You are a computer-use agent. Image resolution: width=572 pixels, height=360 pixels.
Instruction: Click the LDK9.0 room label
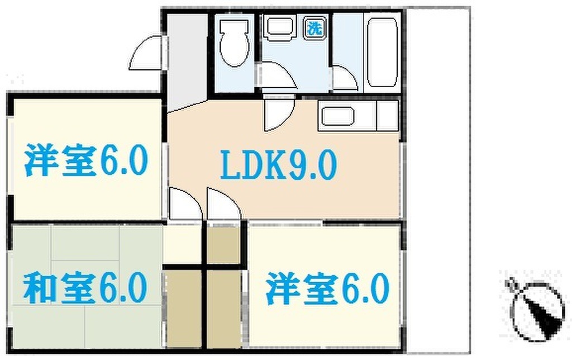pos(278,165)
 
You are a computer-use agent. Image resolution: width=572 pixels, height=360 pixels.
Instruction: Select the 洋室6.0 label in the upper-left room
pos(86,160)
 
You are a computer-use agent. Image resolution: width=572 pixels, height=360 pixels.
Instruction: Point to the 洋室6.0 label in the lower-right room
pos(327,288)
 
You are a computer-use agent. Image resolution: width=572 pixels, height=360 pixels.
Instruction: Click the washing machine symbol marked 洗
pos(315,28)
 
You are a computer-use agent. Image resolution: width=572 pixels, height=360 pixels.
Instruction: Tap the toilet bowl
pos(235,42)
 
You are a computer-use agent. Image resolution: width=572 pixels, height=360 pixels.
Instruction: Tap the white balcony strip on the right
pos(438,181)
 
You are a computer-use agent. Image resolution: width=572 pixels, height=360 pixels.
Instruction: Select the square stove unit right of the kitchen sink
pos(388,115)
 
